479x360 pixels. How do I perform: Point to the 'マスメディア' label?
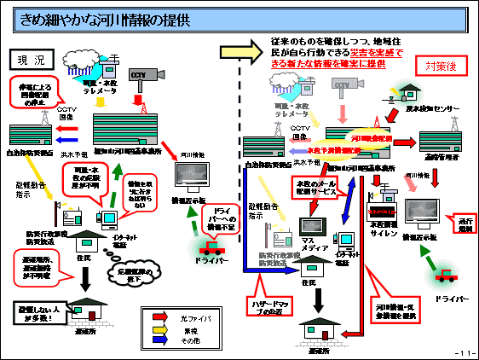[308, 247]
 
